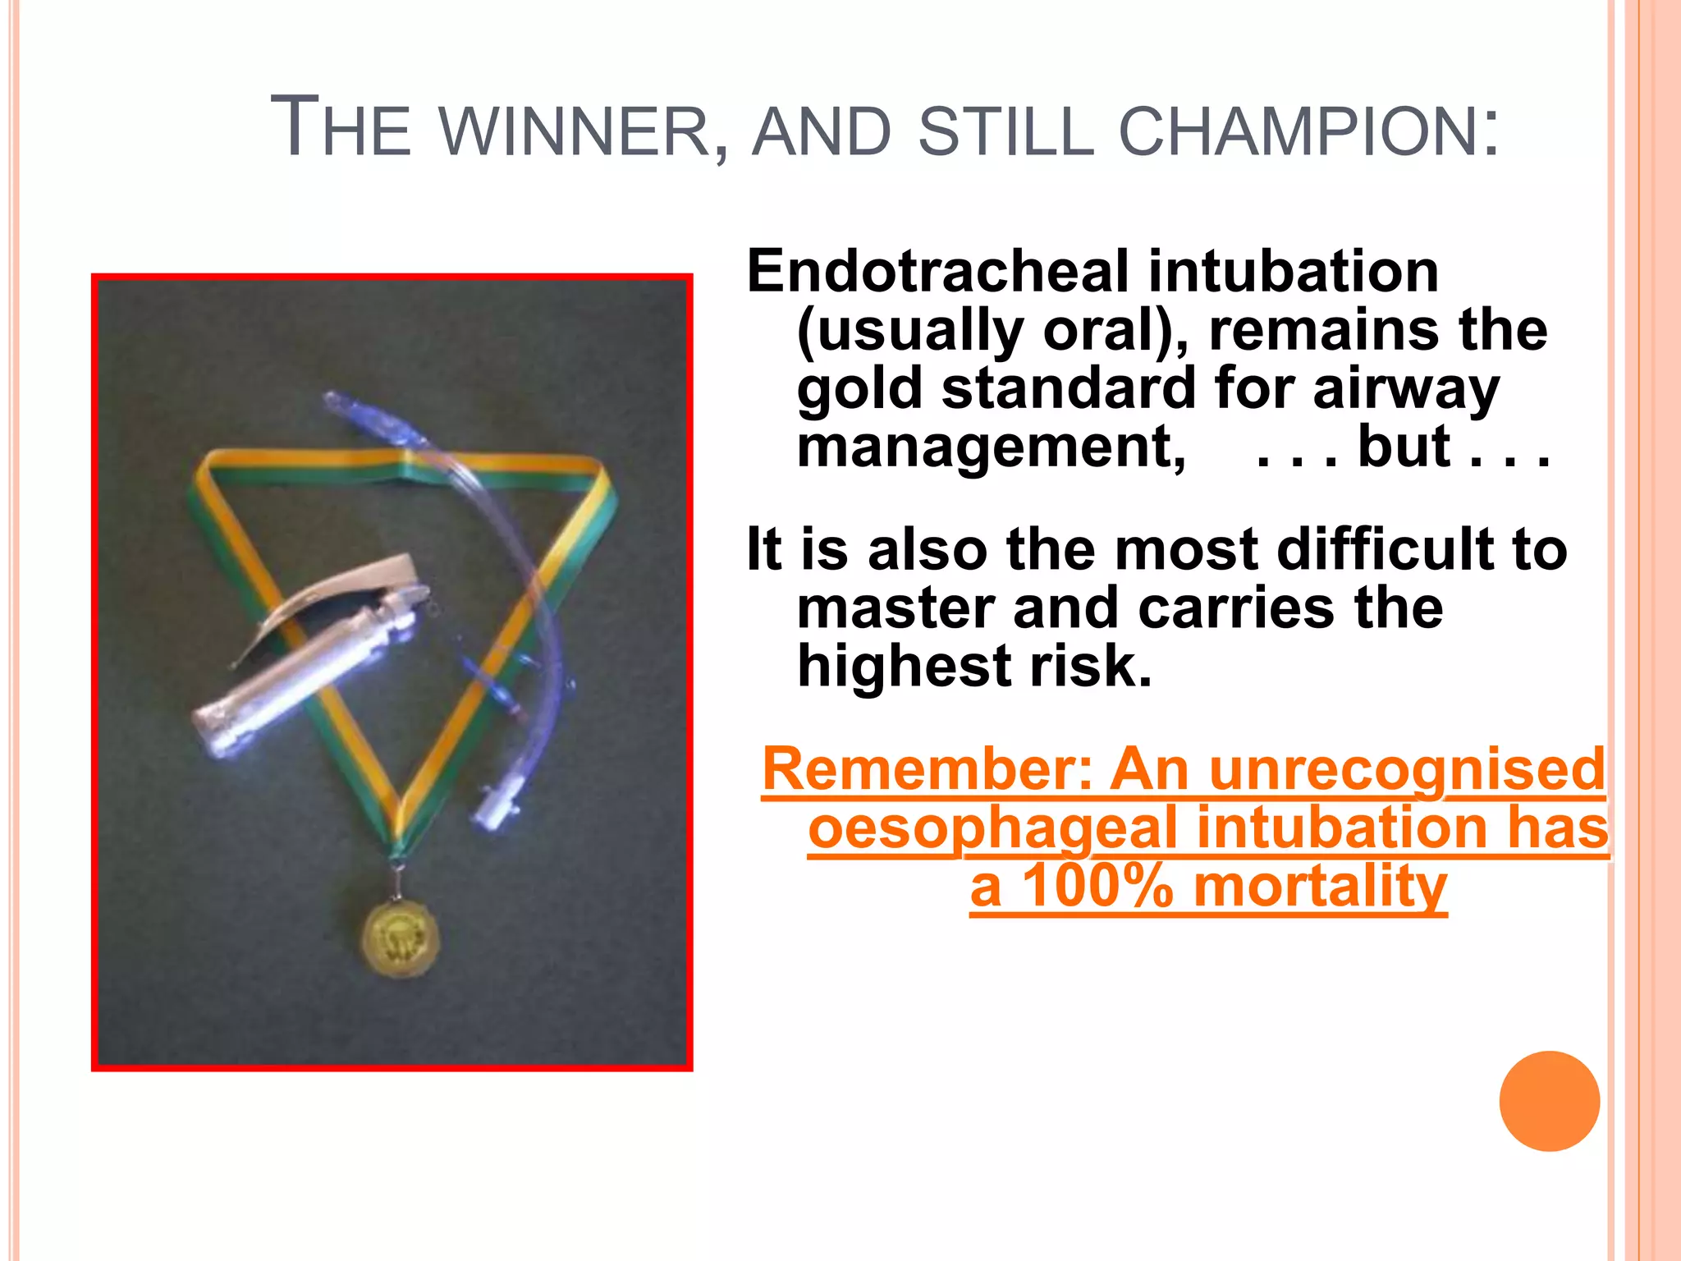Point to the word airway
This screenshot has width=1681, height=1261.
1406,388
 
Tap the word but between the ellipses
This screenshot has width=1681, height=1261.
1404,447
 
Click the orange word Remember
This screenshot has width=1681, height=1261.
927,770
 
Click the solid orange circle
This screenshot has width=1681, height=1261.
1549,1101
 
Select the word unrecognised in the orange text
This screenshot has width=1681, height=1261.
1406,770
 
